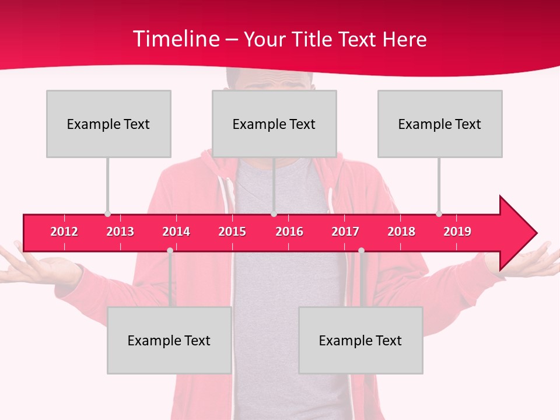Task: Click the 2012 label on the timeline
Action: click(x=64, y=232)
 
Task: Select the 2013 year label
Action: click(x=120, y=232)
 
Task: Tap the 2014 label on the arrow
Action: click(x=176, y=232)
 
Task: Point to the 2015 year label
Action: click(x=232, y=232)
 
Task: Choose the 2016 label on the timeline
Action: click(x=289, y=232)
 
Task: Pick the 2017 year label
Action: click(x=345, y=232)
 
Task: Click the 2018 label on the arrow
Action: click(x=401, y=232)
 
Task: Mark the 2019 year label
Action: click(x=457, y=232)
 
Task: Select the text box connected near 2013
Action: click(x=108, y=124)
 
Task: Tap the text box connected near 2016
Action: click(x=274, y=124)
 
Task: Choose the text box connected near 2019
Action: click(x=440, y=124)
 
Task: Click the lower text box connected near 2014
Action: click(x=169, y=340)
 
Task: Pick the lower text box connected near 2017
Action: click(x=360, y=340)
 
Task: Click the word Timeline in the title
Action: click(x=175, y=39)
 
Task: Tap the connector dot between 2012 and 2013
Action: click(x=107, y=214)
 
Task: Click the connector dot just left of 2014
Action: click(x=170, y=250)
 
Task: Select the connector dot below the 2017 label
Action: click(x=361, y=250)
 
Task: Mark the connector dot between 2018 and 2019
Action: click(x=439, y=214)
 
